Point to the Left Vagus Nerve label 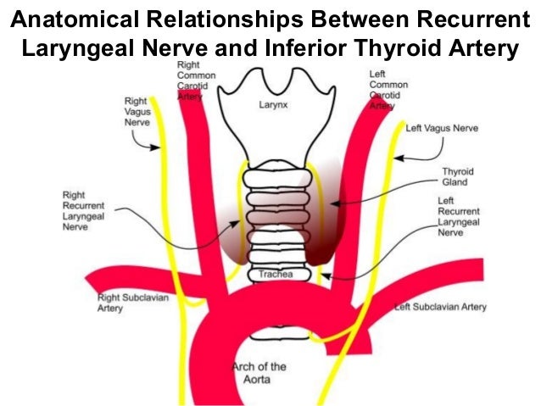point(442,129)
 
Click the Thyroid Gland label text point(458,177)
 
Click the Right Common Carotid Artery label point(197,81)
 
